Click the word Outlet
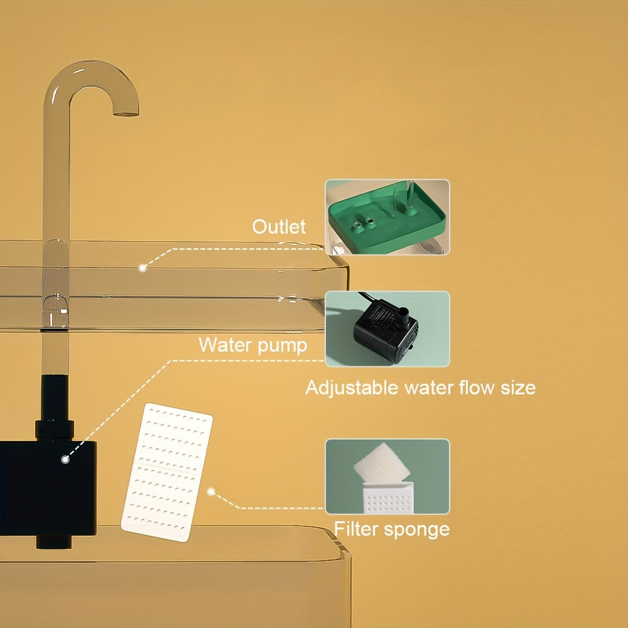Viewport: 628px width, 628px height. (x=279, y=227)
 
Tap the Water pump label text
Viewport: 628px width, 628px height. (x=252, y=345)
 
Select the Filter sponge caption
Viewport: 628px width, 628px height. (x=391, y=529)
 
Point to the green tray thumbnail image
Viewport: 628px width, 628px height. (x=387, y=217)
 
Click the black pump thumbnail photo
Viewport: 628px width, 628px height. (x=387, y=328)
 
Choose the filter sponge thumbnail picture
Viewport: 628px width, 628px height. (x=387, y=476)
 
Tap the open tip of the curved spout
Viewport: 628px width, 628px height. (x=126, y=113)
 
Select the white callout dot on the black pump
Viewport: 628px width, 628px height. (x=65, y=459)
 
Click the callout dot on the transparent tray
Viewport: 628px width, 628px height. (x=143, y=268)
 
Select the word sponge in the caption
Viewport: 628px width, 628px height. (x=419, y=529)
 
